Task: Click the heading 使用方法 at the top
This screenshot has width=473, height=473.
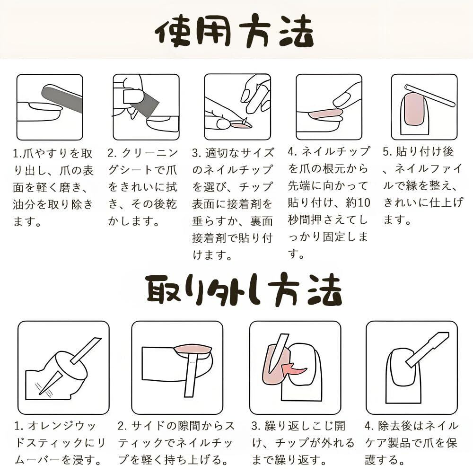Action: click(x=235, y=31)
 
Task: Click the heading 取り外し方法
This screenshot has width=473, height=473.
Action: click(x=244, y=289)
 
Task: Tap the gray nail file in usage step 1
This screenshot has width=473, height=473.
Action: click(x=62, y=98)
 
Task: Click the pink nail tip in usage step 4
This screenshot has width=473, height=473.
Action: click(x=325, y=114)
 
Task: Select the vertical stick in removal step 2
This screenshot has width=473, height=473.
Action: click(x=191, y=376)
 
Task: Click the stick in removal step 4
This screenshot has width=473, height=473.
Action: click(x=427, y=350)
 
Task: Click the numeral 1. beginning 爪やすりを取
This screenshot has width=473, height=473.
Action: click(x=17, y=154)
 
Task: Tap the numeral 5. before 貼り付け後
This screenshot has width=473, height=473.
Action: click(x=387, y=152)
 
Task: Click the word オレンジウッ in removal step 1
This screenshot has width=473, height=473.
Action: click(x=62, y=426)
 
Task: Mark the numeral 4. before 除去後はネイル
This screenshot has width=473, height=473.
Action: click(x=369, y=426)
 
